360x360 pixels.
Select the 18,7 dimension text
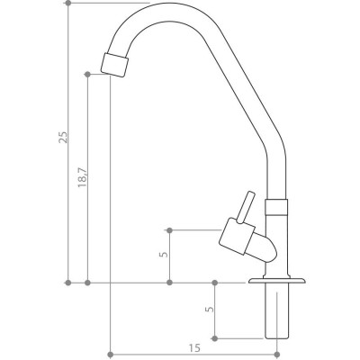coord(83,177)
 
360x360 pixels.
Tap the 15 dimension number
coord(194,348)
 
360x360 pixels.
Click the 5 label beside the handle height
coord(164,254)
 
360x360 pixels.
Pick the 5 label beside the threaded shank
coord(210,309)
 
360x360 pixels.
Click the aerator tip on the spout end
coord(114,65)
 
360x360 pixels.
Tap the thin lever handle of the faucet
coord(246,207)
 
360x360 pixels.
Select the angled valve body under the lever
coord(247,240)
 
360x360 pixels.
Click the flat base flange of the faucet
coord(276,281)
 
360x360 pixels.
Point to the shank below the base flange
coord(277,311)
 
